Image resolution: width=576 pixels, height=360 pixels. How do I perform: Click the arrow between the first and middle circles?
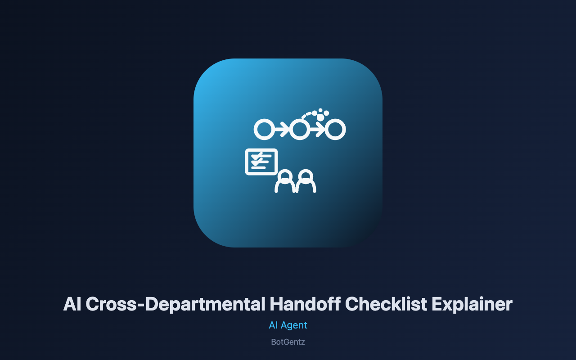point(282,129)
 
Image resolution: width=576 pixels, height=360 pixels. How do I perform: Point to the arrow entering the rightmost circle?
point(317,129)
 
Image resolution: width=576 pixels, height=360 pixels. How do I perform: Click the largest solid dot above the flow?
point(320,117)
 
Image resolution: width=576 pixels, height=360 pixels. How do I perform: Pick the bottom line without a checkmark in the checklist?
point(258,168)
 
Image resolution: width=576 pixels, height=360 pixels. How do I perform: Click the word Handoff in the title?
point(305,304)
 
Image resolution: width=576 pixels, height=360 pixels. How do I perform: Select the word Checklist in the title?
point(386,304)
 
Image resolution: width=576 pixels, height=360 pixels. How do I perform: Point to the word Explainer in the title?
point(472,305)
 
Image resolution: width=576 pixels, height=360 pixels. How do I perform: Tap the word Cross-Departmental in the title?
point(175,305)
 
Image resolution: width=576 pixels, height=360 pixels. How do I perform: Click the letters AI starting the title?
point(72,304)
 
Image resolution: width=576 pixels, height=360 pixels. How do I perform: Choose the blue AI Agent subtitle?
point(288,325)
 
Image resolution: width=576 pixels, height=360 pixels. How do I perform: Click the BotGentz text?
point(288,342)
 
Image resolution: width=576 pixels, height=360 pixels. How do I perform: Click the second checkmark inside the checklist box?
point(256,162)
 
